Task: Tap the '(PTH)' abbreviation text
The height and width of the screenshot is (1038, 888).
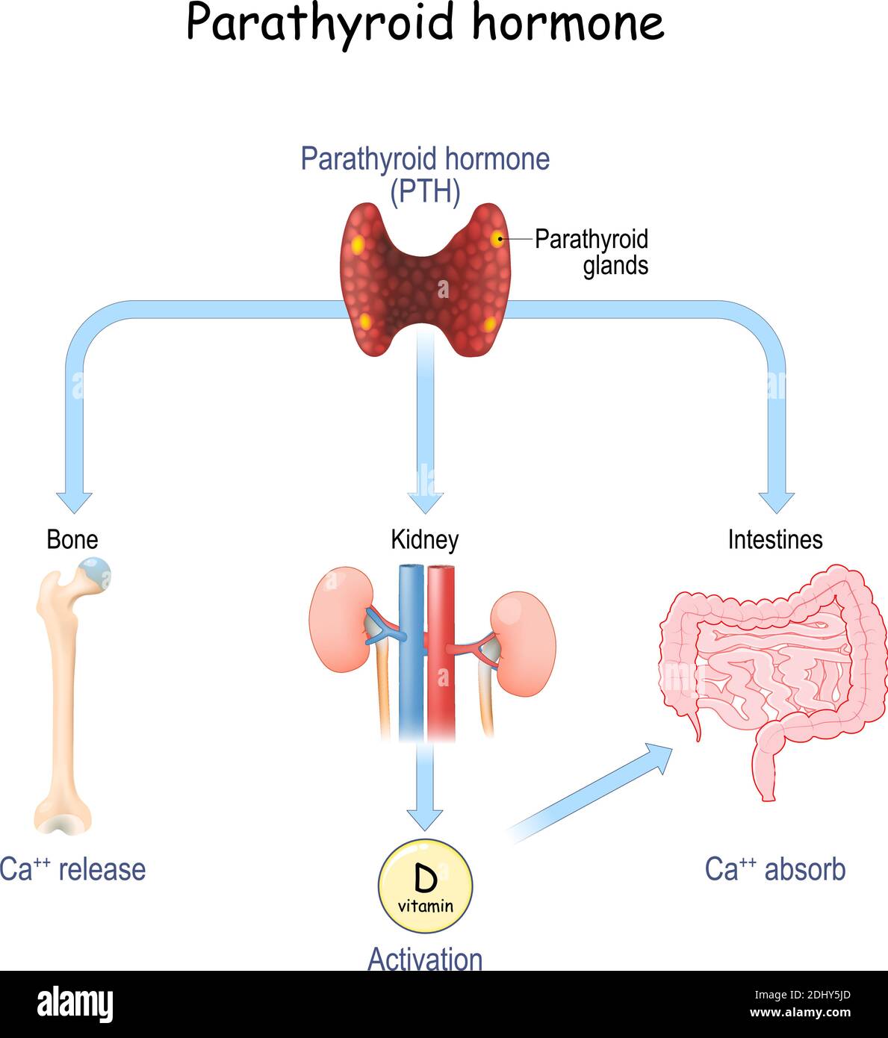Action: click(x=425, y=192)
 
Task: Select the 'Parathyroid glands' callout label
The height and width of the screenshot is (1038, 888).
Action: click(x=592, y=252)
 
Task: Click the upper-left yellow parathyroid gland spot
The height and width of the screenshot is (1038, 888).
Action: click(x=358, y=245)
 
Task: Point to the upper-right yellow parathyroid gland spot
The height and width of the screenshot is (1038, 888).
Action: click(x=497, y=239)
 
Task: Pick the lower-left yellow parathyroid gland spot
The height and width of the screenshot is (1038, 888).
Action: click(x=365, y=322)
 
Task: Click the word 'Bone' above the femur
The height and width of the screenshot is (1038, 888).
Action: click(x=72, y=539)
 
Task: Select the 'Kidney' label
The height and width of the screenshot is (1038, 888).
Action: click(x=424, y=539)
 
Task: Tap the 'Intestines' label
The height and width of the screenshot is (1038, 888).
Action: click(x=775, y=539)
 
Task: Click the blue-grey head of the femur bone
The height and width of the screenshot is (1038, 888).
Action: click(x=96, y=574)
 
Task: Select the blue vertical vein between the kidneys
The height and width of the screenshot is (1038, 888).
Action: click(x=411, y=650)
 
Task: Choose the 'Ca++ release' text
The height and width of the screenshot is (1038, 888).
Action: click(x=72, y=869)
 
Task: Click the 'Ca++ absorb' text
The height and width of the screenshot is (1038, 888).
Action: click(x=775, y=869)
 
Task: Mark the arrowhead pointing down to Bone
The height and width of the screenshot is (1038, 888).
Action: click(x=74, y=502)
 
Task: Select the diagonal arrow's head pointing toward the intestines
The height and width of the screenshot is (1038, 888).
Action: click(x=659, y=754)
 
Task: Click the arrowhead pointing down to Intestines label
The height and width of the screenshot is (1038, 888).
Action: click(x=777, y=502)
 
